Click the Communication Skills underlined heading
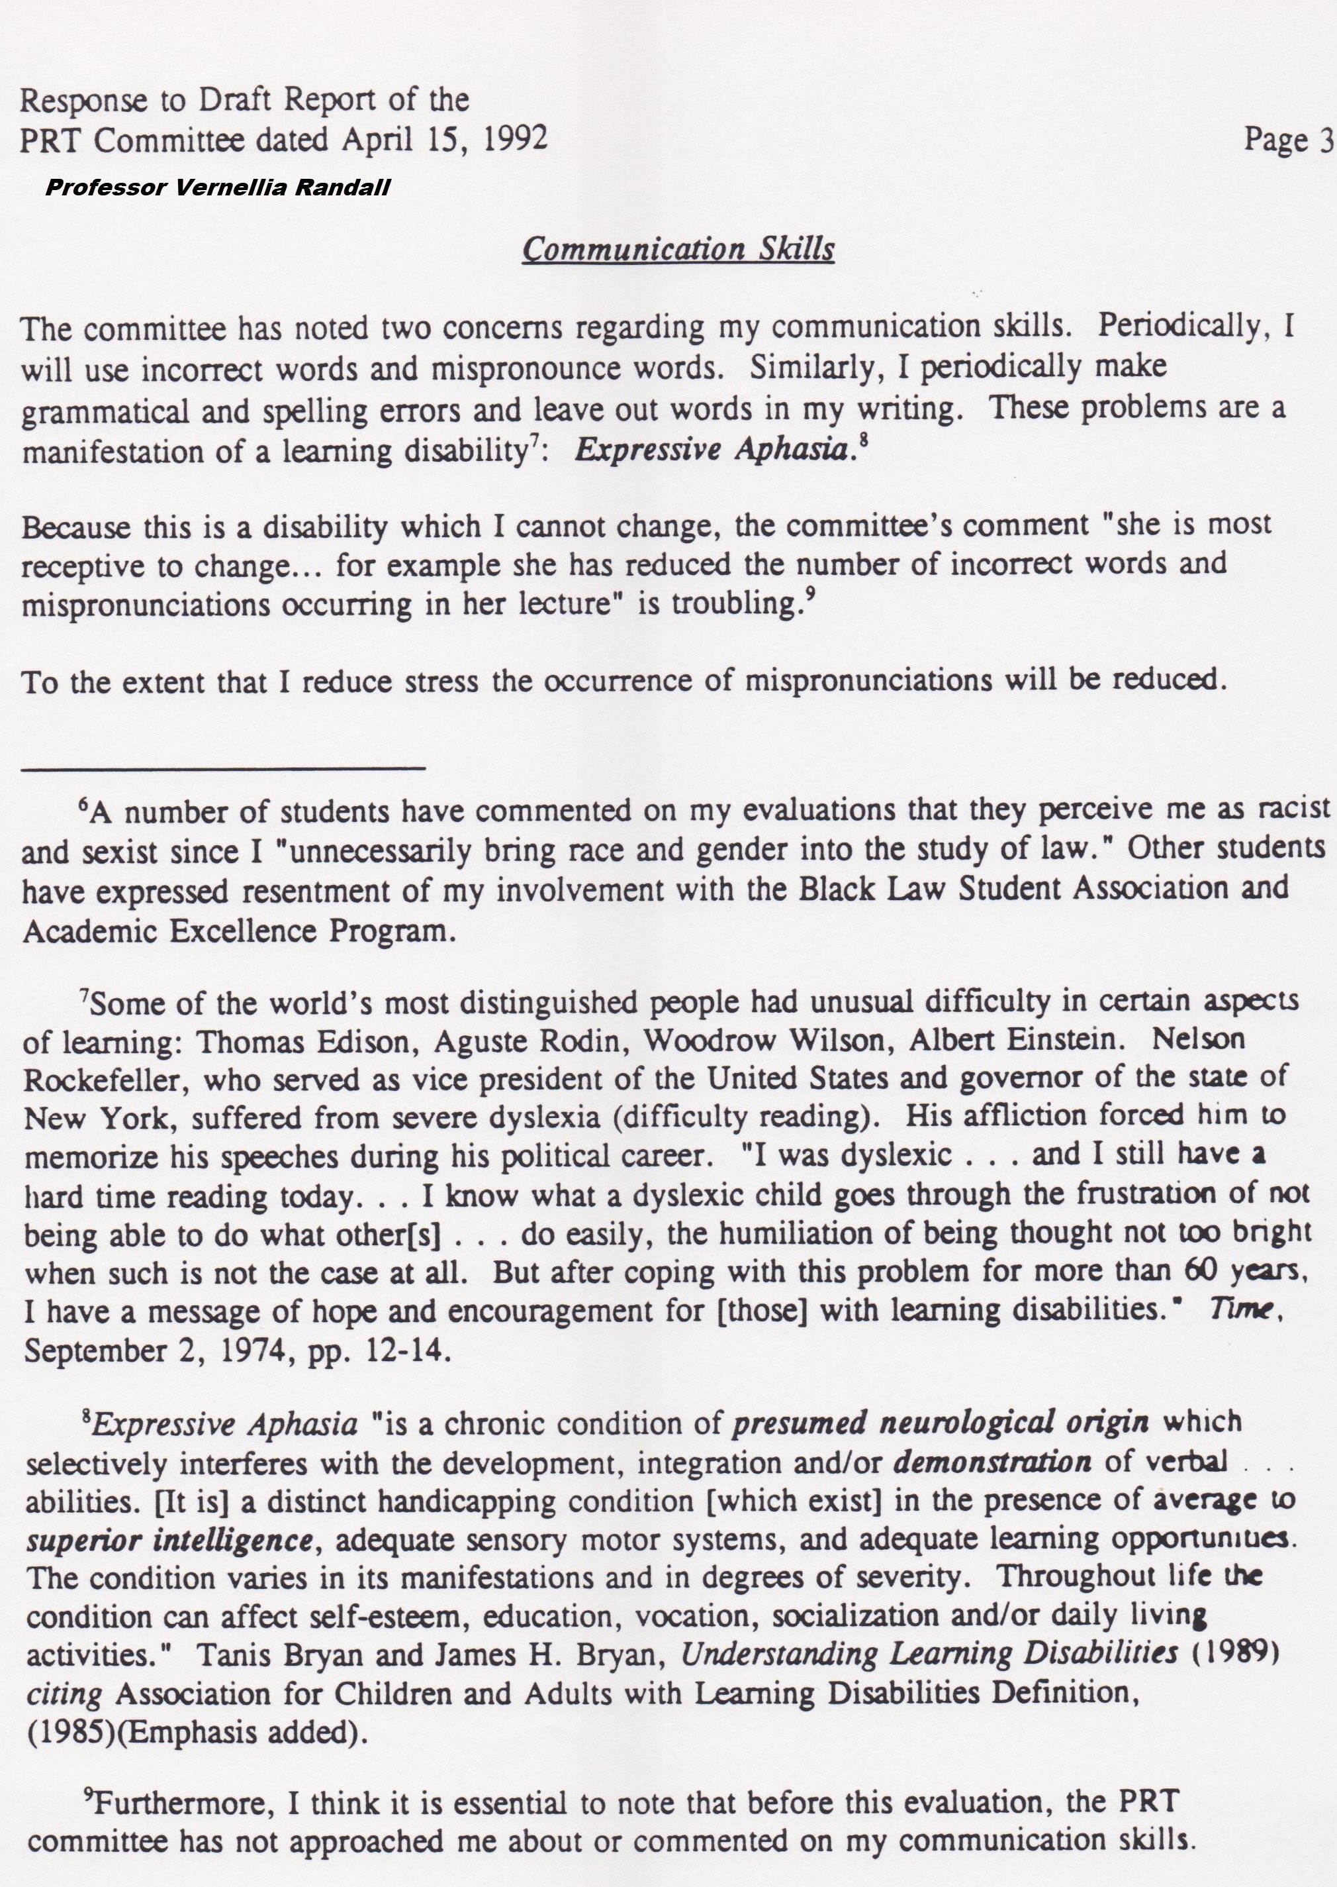click(678, 249)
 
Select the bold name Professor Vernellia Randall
click(217, 188)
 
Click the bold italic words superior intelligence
click(169, 1539)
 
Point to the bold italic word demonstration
click(992, 1462)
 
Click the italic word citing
click(64, 1694)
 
